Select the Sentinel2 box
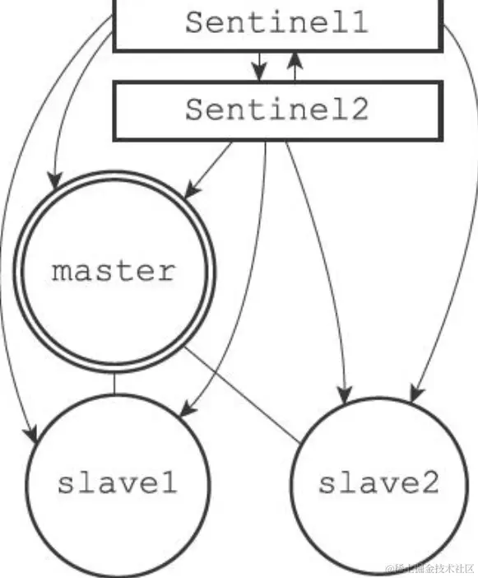tap(276, 110)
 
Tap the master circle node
tap(114, 271)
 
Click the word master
tap(114, 271)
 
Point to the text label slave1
tap(116, 483)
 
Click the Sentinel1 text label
tap(276, 23)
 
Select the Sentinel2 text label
tap(276, 110)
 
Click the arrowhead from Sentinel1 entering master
tap(55, 176)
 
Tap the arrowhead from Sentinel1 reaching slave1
tap(32, 433)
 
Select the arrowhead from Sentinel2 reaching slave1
tap(186, 408)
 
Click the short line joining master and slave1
tap(114, 385)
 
